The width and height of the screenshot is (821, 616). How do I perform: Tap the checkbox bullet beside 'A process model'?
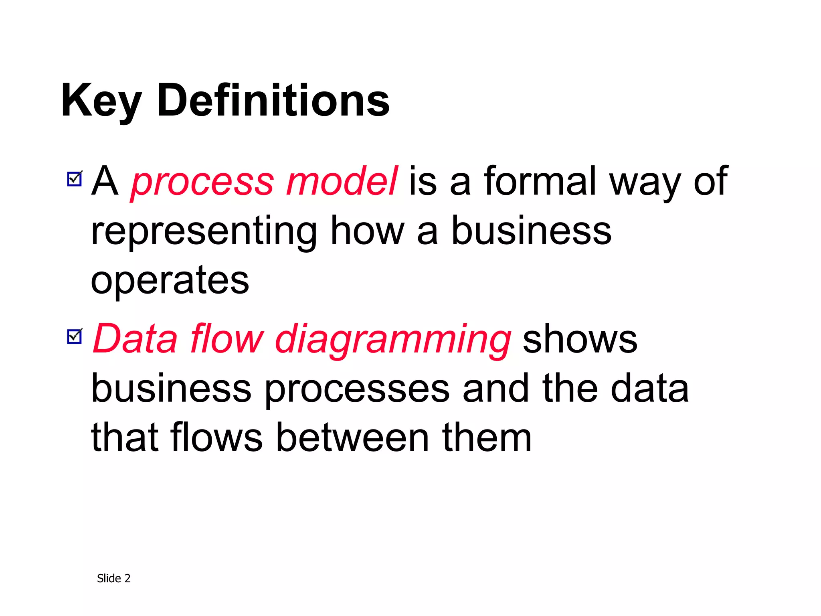75,179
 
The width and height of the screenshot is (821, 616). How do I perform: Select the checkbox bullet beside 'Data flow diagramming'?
75,336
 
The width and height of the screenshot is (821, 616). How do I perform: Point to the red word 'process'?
203,183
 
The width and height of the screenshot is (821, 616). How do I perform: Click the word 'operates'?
170,281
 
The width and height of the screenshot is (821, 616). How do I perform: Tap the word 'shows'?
580,340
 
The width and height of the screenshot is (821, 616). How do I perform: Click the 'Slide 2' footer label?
114,578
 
